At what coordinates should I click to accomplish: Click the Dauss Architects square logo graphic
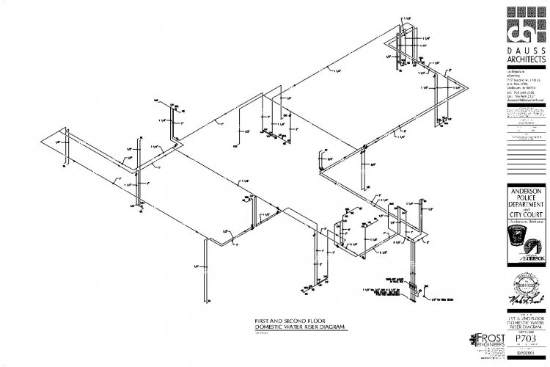(527, 26)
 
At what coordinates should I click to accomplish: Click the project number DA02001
(527, 354)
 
